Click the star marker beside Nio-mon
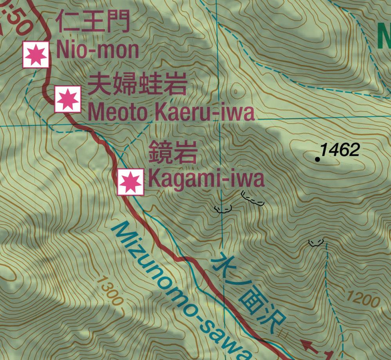point(36,55)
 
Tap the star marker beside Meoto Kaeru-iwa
point(67,99)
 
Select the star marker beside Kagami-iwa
point(131,182)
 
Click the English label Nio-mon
point(98,50)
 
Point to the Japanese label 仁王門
point(92,22)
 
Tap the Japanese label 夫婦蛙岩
point(137,85)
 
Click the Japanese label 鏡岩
point(172,153)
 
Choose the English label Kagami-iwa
point(206,180)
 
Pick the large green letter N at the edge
point(384,36)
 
